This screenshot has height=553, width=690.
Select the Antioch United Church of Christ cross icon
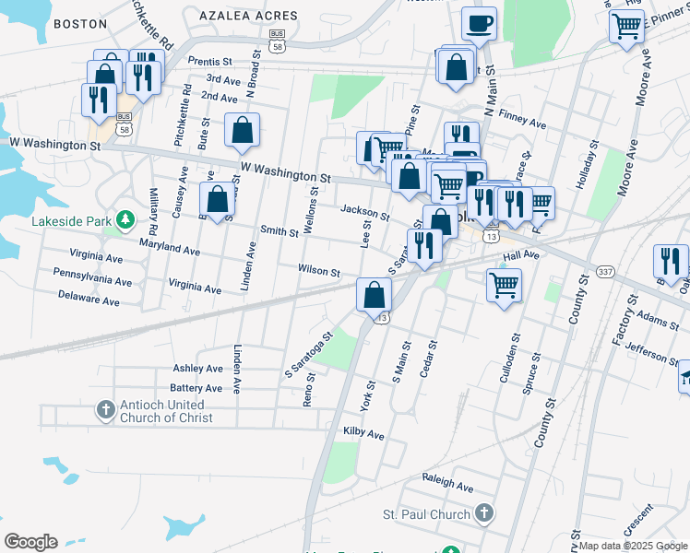coord(106,408)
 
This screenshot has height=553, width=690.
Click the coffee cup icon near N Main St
coord(479,23)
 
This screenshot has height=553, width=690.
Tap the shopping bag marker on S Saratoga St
coord(375,295)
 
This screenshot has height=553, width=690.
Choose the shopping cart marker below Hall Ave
coord(505,285)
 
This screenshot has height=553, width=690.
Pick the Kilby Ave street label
coord(363,432)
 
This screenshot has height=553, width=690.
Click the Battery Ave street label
coord(196,388)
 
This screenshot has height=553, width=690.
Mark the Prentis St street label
coord(210,61)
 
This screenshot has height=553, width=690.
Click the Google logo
coord(30,542)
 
